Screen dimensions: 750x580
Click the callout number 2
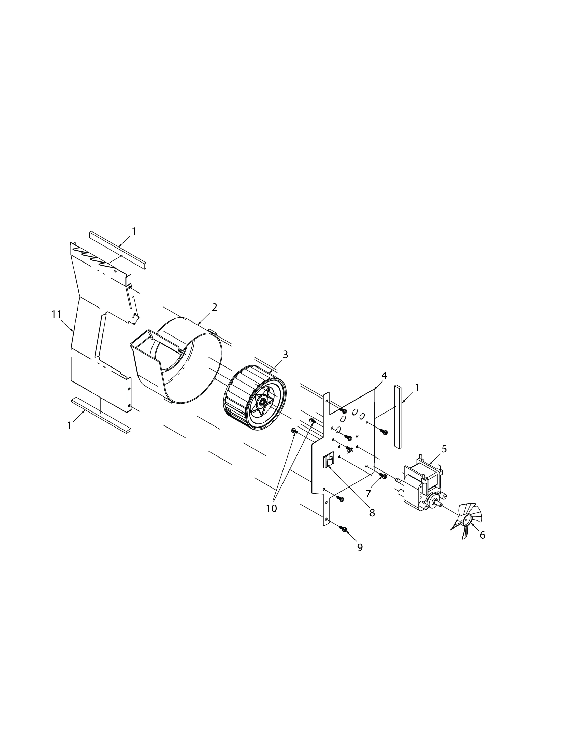pos(214,307)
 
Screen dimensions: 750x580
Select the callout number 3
pos(285,355)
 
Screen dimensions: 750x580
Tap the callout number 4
pos(384,376)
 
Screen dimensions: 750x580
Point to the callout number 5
pos(444,449)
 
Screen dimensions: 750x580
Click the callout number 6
pos(482,535)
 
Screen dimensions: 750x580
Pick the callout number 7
pos(368,494)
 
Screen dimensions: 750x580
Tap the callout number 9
pos(360,547)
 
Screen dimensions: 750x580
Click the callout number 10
pos(272,509)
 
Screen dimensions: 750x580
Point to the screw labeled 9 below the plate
pos(343,529)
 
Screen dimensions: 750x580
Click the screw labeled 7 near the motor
pos(382,476)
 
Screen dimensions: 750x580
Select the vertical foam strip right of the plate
pos(397,416)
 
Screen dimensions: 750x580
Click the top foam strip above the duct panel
pos(118,250)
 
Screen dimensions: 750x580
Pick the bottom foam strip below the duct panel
pos(101,415)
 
